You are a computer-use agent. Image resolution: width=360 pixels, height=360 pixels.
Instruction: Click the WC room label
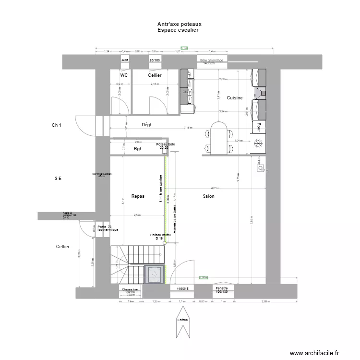pyautogui.click(x=124, y=76)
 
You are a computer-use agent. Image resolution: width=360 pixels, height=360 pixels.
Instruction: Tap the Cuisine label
pyautogui.click(x=235, y=98)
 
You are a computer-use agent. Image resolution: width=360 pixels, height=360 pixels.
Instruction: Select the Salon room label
pyautogui.click(x=208, y=196)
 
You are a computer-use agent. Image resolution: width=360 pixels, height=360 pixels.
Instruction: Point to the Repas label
pyautogui.click(x=138, y=196)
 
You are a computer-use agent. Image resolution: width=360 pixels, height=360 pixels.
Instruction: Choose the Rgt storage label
pyautogui.click(x=138, y=149)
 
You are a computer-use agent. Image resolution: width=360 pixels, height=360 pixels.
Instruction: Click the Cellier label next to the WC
pyautogui.click(x=155, y=76)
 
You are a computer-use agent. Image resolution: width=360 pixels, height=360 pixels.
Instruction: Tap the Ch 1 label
pyautogui.click(x=57, y=125)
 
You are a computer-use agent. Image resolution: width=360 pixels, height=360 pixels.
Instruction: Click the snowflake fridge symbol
pyautogui.click(x=258, y=144)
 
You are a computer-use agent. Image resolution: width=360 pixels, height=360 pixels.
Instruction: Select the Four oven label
pyautogui.click(x=258, y=127)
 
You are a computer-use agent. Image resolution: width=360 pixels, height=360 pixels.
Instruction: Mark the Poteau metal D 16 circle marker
pyautogui.click(x=164, y=243)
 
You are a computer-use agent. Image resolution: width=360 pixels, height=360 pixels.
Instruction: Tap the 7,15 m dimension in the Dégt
pyautogui.click(x=187, y=128)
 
